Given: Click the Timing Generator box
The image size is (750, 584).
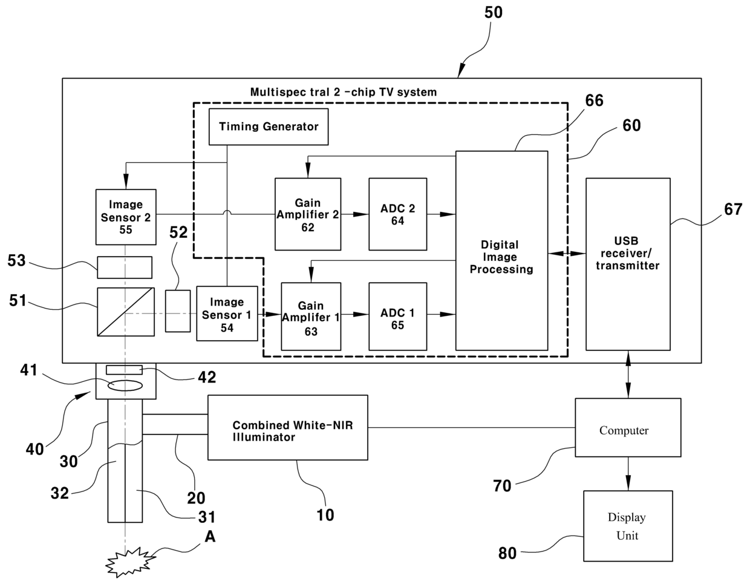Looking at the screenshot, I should (x=269, y=126).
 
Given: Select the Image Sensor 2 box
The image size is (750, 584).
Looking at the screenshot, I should (x=126, y=217).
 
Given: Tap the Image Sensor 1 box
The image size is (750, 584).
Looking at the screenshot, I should (x=227, y=313).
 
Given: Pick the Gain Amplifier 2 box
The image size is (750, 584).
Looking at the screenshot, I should (x=307, y=214).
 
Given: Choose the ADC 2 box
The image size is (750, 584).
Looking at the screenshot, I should (x=397, y=214).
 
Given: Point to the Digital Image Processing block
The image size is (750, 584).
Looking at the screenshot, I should (x=501, y=251).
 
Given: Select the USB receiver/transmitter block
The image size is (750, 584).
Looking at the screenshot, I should (x=628, y=264).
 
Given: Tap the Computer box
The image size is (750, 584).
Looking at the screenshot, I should (x=628, y=427).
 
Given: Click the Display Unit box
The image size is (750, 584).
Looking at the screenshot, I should (x=627, y=525).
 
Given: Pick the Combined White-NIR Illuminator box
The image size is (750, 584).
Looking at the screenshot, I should (x=287, y=428).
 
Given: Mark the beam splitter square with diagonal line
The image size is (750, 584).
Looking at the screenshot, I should (x=125, y=312).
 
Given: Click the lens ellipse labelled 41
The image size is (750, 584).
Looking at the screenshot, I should (x=125, y=386).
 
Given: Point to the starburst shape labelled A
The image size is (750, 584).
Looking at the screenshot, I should (x=128, y=562).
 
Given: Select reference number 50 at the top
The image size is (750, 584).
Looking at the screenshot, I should (x=494, y=13).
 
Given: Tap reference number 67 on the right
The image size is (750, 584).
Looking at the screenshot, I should (x=733, y=209).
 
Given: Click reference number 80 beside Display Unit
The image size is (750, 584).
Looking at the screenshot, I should (x=507, y=553).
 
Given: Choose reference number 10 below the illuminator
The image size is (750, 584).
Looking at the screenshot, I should (x=325, y=515).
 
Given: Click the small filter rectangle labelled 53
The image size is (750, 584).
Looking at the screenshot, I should (x=125, y=267).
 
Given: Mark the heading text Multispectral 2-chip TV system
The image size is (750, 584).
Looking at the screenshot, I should (x=343, y=92).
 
